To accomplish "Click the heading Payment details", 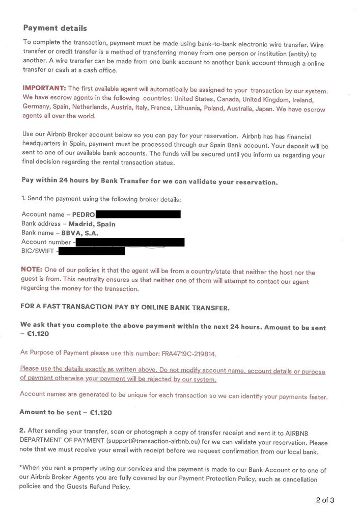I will coord(55,28).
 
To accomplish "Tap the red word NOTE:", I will coord(32,269).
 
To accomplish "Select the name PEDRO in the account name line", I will coord(84,215).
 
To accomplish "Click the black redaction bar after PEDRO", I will coord(138,214).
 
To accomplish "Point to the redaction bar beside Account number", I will coord(129,242).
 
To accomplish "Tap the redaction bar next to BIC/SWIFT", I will coord(92,251).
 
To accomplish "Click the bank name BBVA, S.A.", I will coord(80,233).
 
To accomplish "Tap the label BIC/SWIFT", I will coord(38,251).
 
